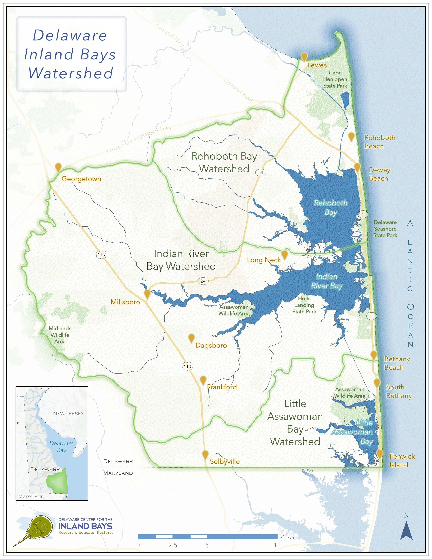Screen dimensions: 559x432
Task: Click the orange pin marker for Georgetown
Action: (x=58, y=167)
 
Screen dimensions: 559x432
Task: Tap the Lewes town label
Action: (x=317, y=65)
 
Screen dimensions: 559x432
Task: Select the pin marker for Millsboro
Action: (x=147, y=294)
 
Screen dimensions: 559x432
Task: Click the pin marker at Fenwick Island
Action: (x=379, y=454)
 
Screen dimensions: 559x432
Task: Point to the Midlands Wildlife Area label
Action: (x=60, y=335)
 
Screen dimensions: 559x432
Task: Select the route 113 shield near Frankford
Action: (x=187, y=366)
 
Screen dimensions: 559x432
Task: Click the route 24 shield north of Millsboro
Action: (x=203, y=281)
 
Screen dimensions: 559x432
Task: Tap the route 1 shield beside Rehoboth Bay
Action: (x=363, y=214)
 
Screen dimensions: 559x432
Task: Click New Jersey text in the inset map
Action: (x=68, y=413)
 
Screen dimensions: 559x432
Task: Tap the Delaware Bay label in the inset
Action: (x=61, y=447)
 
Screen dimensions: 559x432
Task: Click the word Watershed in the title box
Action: (x=71, y=73)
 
